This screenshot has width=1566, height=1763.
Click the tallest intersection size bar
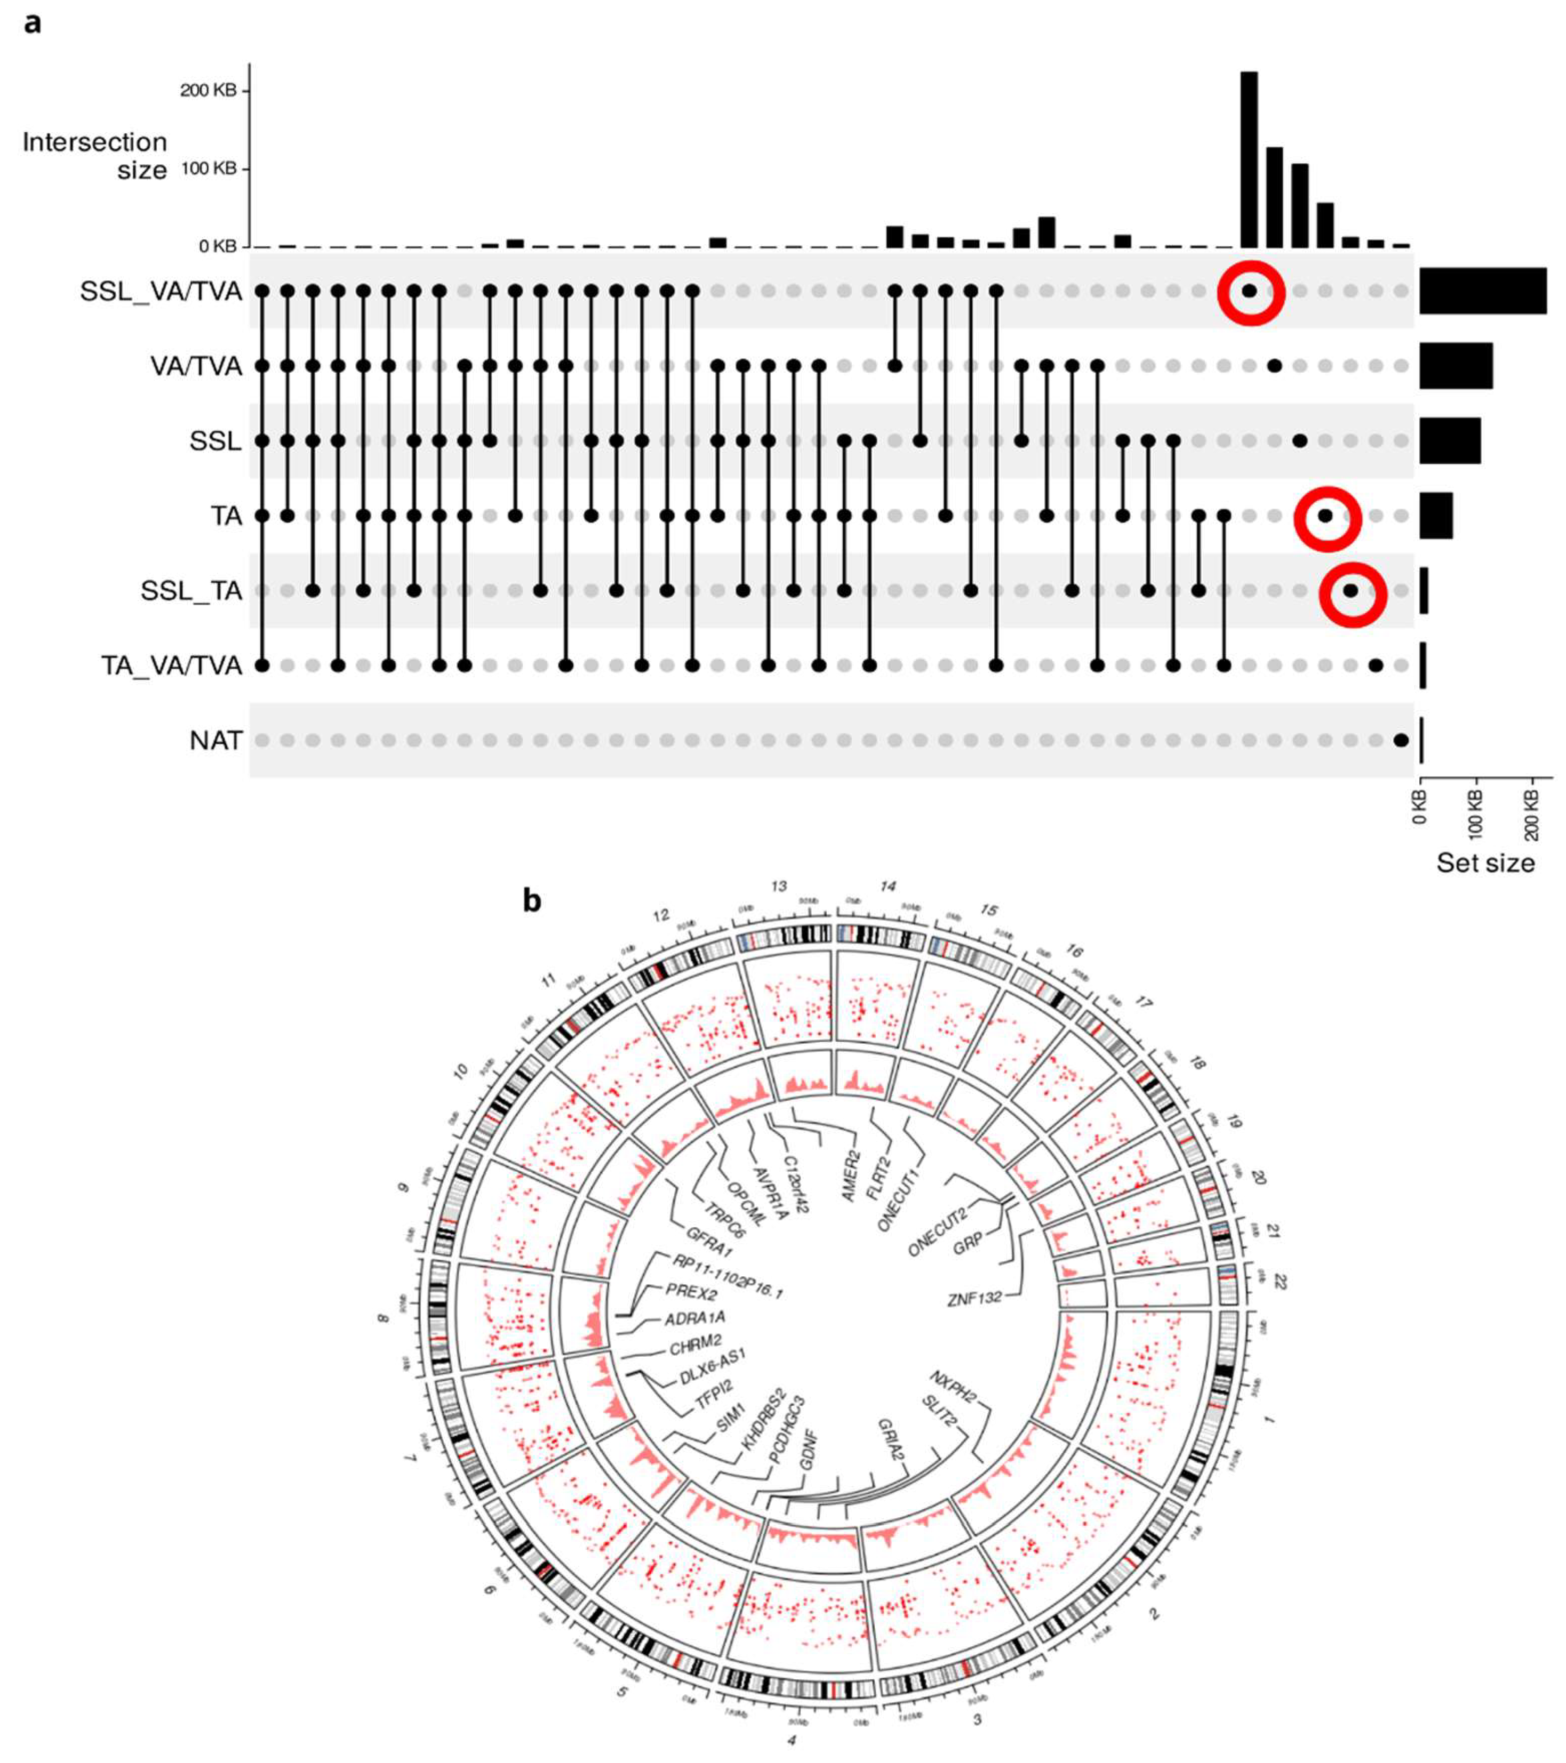tap(1249, 159)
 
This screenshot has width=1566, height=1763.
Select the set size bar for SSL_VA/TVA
tap(1482, 291)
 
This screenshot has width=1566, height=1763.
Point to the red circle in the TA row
tap(1327, 518)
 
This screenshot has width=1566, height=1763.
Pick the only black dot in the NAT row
tap(1401, 740)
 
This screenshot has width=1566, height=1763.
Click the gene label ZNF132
tap(974, 1298)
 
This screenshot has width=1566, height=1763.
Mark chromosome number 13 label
tap(779, 886)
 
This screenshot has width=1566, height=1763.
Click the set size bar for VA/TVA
tap(1456, 366)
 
